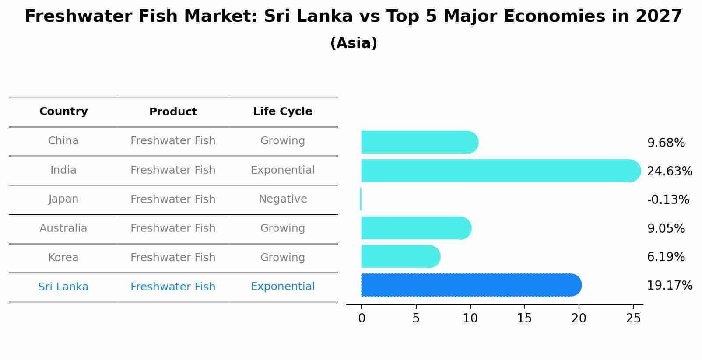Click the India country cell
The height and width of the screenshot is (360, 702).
(63, 170)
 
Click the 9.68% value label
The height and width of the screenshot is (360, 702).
(666, 143)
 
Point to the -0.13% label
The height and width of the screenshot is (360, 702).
(668, 200)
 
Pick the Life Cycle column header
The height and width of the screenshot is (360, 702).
(282, 112)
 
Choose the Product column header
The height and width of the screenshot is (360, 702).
(173, 112)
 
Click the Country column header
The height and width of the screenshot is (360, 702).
(63, 112)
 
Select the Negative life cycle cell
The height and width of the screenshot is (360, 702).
(282, 199)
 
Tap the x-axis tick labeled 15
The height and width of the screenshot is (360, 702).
(524, 318)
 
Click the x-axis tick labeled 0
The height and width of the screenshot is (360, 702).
(362, 318)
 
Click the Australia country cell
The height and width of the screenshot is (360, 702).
(63, 228)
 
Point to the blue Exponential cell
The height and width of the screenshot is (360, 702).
(282, 287)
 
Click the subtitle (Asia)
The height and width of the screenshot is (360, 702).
(354, 43)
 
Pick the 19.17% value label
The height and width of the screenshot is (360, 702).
(670, 286)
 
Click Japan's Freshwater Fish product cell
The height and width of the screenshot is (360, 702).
(173, 199)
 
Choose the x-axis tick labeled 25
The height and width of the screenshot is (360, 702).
(633, 318)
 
